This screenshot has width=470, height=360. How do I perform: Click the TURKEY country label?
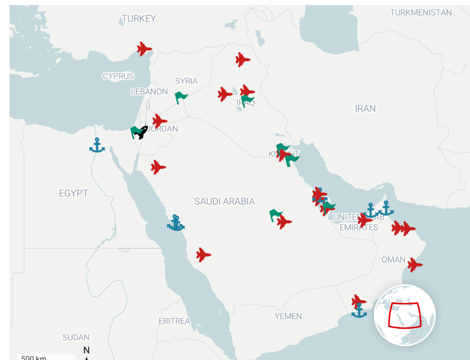(x=139, y=18)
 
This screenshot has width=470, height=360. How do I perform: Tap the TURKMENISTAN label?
(x=421, y=12)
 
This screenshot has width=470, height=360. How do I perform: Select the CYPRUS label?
(x=118, y=76)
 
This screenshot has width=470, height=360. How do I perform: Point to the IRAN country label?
(x=365, y=108)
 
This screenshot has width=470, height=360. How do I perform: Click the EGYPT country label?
(x=73, y=193)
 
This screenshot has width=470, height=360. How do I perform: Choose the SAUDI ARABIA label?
(x=224, y=201)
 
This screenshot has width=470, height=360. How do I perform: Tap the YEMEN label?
(x=288, y=316)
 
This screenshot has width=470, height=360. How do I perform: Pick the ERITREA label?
(x=174, y=321)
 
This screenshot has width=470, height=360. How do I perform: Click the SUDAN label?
(x=75, y=337)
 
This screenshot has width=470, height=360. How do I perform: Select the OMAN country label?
(x=393, y=259)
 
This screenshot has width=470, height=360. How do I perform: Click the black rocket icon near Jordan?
(x=142, y=132)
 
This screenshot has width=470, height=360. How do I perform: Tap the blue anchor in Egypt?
(x=97, y=145)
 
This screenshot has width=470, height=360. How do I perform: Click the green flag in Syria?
(x=181, y=98)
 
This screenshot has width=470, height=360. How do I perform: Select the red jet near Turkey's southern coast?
(x=144, y=49)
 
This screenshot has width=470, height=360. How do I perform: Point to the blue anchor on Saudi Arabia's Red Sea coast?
(x=176, y=223)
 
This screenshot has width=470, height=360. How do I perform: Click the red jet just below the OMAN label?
(x=414, y=264)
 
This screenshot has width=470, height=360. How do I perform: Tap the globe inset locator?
(x=405, y=315)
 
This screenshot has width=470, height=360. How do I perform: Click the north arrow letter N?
(x=86, y=350)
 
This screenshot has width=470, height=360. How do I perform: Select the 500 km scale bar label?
(x=34, y=357)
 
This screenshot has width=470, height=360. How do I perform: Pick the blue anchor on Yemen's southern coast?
(x=359, y=311)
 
